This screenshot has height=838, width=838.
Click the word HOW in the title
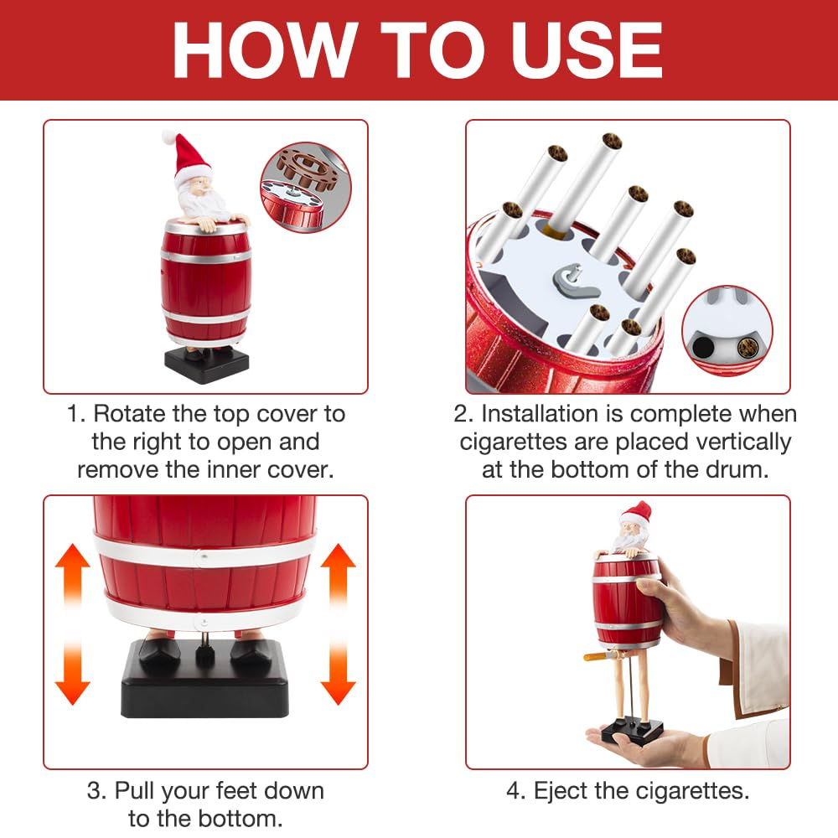click(266, 51)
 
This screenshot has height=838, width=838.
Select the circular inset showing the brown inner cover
click(306, 187)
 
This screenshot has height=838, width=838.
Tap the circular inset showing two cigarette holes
click(727, 330)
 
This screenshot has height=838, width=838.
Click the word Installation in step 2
click(540, 414)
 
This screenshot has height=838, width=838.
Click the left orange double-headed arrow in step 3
click(72, 623)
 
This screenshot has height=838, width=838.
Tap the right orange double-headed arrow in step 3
click(338, 623)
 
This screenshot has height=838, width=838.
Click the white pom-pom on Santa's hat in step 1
click(169, 137)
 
